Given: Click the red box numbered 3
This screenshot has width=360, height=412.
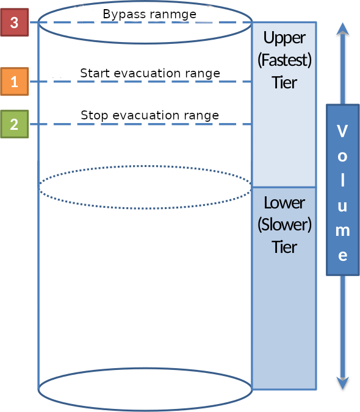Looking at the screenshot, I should [14, 23].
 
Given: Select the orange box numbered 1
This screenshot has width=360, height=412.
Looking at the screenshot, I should [14, 82].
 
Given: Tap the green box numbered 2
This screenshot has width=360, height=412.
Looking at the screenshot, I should [14, 124].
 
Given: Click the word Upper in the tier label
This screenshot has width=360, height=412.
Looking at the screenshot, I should [284, 38].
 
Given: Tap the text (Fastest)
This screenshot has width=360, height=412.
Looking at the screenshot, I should [284, 60].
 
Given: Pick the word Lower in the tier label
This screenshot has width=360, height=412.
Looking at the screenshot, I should [284, 202].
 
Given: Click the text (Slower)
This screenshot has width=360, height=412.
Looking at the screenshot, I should [284, 224].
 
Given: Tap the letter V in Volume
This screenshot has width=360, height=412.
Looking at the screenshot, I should [342, 131].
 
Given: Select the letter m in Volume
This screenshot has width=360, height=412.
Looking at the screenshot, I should [342, 230].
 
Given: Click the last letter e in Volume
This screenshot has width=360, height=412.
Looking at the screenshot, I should [342, 255].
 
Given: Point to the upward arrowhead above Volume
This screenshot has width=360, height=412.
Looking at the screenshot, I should [343, 29].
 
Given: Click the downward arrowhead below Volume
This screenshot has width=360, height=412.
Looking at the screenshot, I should [343, 382].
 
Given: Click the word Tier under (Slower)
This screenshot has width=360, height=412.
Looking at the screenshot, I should [284, 246].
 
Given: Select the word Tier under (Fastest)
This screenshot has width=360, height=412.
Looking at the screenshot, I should [284, 82].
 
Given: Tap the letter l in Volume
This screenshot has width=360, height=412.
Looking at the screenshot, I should [342, 181].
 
